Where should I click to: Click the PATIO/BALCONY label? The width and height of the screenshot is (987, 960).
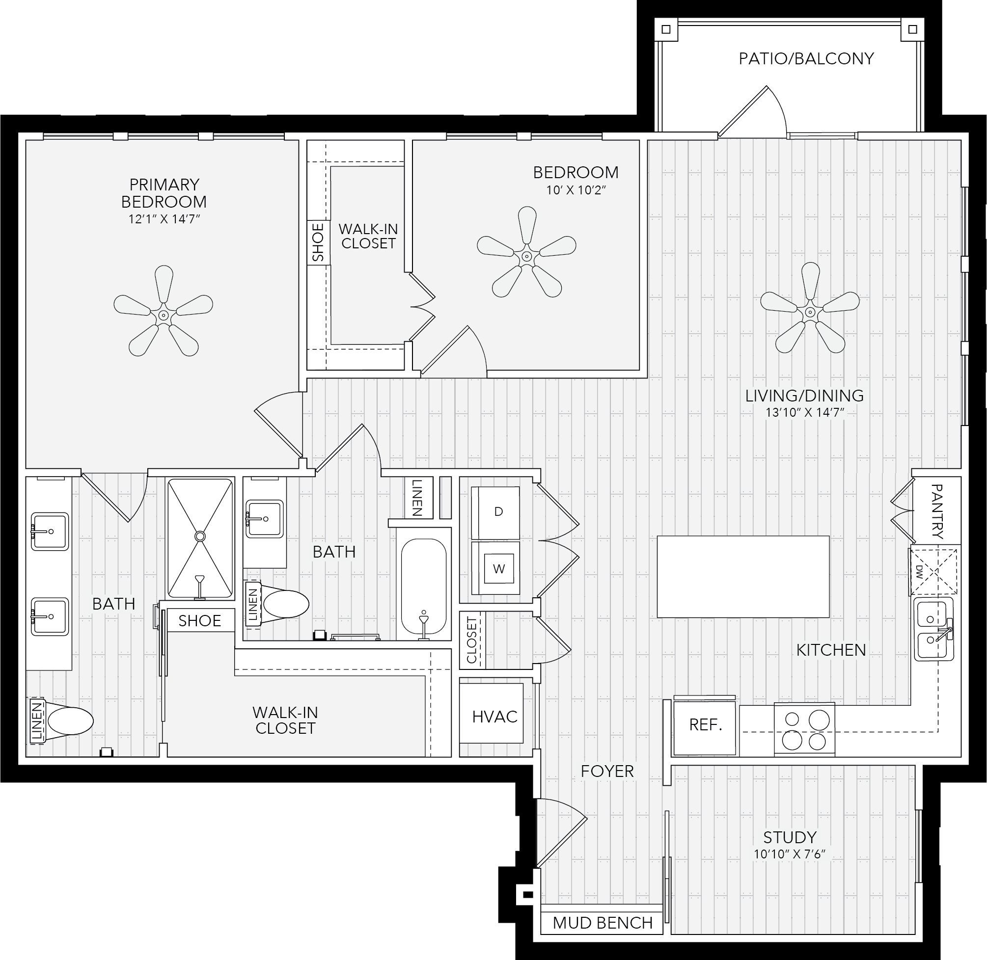[x=806, y=58]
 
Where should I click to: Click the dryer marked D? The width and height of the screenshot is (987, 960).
[x=495, y=513]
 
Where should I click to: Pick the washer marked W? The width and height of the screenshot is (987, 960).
[x=495, y=568]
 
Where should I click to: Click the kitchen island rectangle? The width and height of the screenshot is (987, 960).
[x=743, y=576]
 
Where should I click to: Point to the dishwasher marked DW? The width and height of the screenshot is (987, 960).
[x=934, y=571]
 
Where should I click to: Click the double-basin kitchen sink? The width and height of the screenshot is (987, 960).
[x=933, y=630]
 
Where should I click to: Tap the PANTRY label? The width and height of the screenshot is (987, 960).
[x=936, y=512]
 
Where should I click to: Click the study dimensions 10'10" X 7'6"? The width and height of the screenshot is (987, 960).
[x=789, y=854]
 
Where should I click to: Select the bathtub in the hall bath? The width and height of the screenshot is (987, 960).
[x=424, y=589]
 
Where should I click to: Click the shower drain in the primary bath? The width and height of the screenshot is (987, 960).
[x=200, y=536]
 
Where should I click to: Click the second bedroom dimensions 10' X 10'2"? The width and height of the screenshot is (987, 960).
[x=576, y=190]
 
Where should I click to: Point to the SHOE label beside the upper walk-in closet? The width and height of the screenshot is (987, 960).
[x=318, y=242]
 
